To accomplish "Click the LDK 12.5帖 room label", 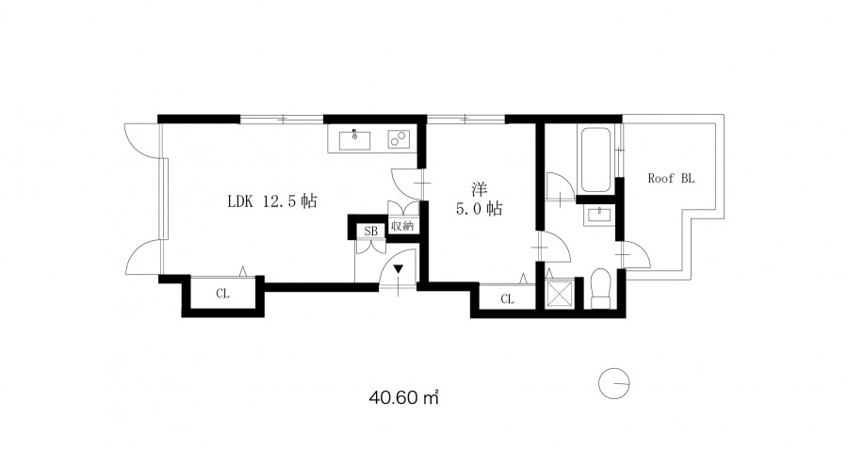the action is [x=271, y=201].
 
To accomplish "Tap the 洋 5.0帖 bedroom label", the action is [x=480, y=199].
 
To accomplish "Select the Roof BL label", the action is [x=671, y=178].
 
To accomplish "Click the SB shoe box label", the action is [x=370, y=232].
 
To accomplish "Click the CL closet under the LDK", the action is [x=222, y=294].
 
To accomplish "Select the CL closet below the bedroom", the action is [x=507, y=298].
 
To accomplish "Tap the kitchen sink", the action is [x=355, y=140].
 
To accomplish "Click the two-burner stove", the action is [x=399, y=139].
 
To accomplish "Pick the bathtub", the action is [x=595, y=158].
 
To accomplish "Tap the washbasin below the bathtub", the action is [x=597, y=215].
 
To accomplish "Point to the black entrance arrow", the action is [x=399, y=269].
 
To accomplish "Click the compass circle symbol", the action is [x=613, y=384].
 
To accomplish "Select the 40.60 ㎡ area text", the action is [x=403, y=398].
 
